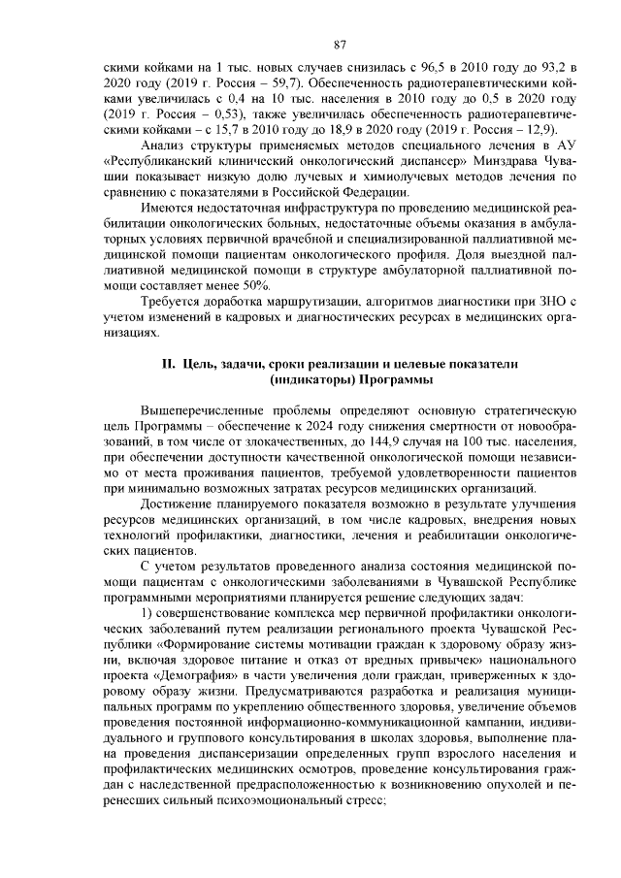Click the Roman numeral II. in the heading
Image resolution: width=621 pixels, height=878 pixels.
pos(167,363)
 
